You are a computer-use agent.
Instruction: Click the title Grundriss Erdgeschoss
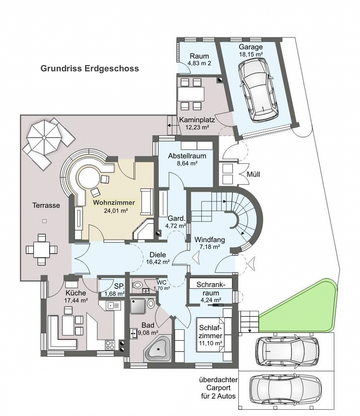(89, 69)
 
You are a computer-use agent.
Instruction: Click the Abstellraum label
(187, 156)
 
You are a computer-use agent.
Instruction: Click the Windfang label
(209, 240)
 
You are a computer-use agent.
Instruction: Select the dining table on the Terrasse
(41, 250)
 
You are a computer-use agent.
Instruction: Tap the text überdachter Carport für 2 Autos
(218, 387)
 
